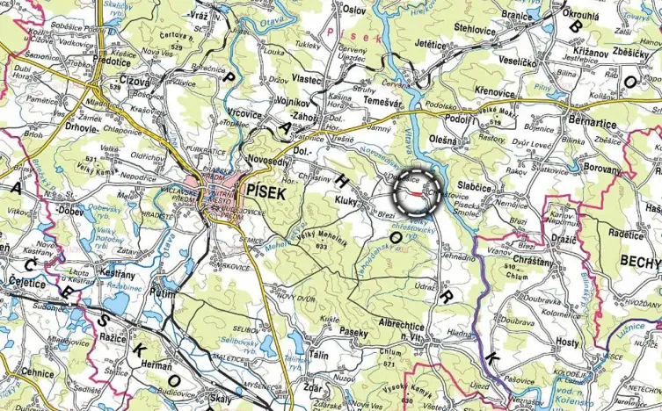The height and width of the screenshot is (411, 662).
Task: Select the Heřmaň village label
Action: click(x=154, y=364)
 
